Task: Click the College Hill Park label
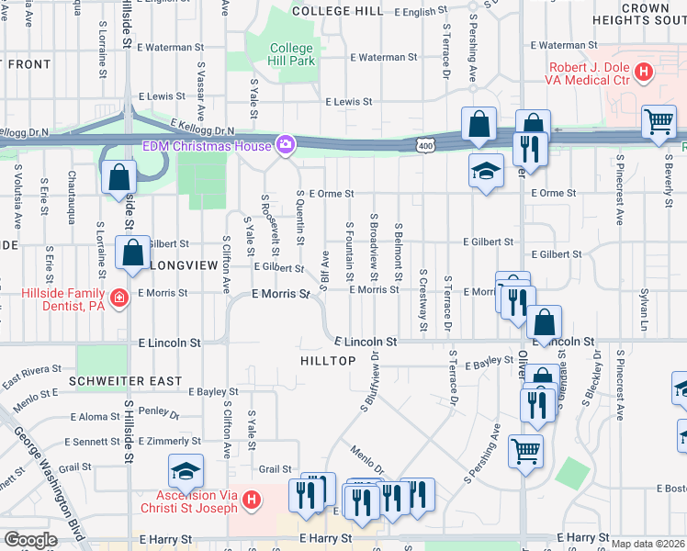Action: coord(292,54)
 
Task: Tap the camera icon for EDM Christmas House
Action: coord(286,145)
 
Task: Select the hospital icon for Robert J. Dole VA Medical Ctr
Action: coord(645,70)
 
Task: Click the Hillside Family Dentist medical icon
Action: coord(118,298)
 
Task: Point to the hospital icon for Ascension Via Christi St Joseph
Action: coord(254,500)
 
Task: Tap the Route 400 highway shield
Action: coord(423,145)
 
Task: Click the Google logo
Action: coord(30,540)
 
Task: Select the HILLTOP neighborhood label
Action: coord(328,361)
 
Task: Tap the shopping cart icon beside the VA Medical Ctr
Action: coord(659,121)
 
